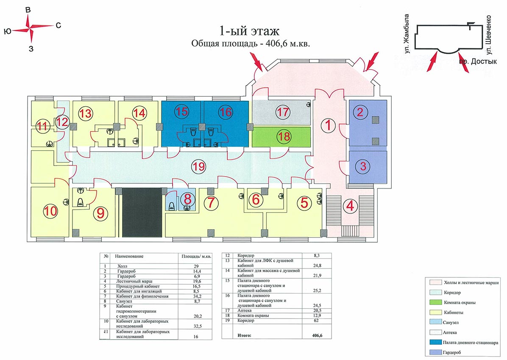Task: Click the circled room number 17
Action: pos(283,112)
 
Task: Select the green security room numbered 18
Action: pos(281,137)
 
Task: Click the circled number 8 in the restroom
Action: pos(187,199)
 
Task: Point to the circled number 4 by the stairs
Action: pos(350,205)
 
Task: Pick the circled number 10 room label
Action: pos(50,211)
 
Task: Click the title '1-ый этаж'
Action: pos(249,31)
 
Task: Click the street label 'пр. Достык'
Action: pos(478,61)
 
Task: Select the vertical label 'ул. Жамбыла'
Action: pos(407,33)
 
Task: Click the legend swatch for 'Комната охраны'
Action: pos(435,302)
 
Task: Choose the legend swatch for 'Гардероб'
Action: pos(435,352)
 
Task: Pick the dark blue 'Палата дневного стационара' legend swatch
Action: pos(435,342)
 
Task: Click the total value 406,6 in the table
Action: pos(317,335)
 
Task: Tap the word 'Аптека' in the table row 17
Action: pos(245,310)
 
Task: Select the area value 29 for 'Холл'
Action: pos(196,266)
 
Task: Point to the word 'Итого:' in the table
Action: pos(244,335)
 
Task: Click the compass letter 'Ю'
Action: pos(8,31)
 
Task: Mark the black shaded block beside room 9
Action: pos(142,213)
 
